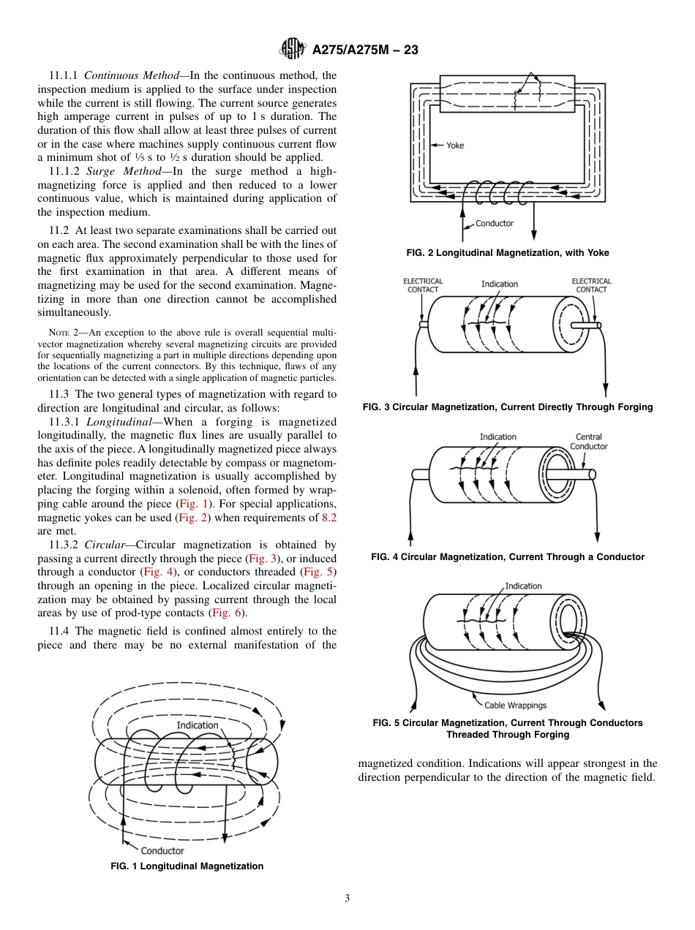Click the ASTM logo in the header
293,50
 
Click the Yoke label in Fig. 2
455,145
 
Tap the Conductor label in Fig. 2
495,223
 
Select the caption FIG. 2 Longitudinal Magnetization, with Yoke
508,253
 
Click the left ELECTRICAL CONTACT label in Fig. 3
423,285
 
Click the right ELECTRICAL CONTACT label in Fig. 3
591,285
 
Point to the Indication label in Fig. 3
500,284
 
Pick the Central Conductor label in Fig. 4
588,442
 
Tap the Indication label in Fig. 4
497,437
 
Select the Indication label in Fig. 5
523,586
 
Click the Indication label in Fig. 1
197,725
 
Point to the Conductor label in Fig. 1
162,850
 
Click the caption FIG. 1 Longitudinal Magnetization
187,866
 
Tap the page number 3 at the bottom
347,899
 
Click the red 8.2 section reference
329,518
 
